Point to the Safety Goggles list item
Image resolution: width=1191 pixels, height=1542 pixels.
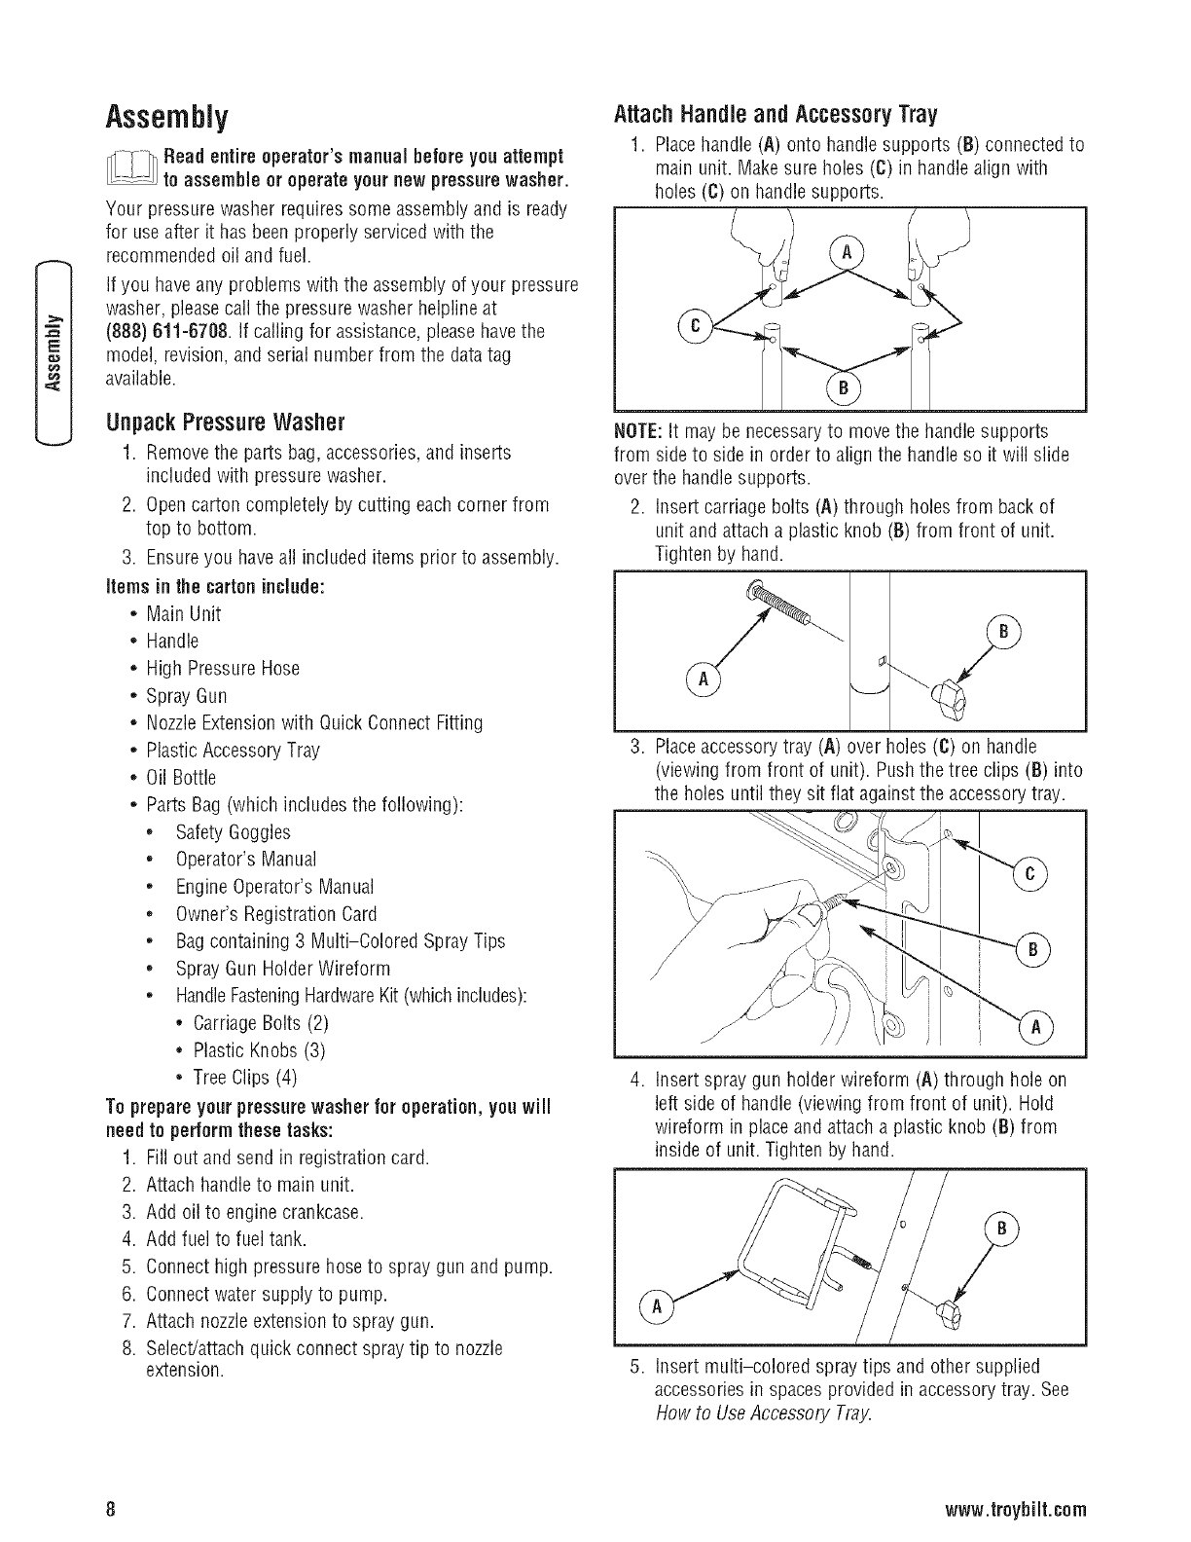233,832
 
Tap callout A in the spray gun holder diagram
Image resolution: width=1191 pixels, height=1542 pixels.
659,1307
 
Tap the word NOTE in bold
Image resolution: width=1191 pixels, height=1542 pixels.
638,430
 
